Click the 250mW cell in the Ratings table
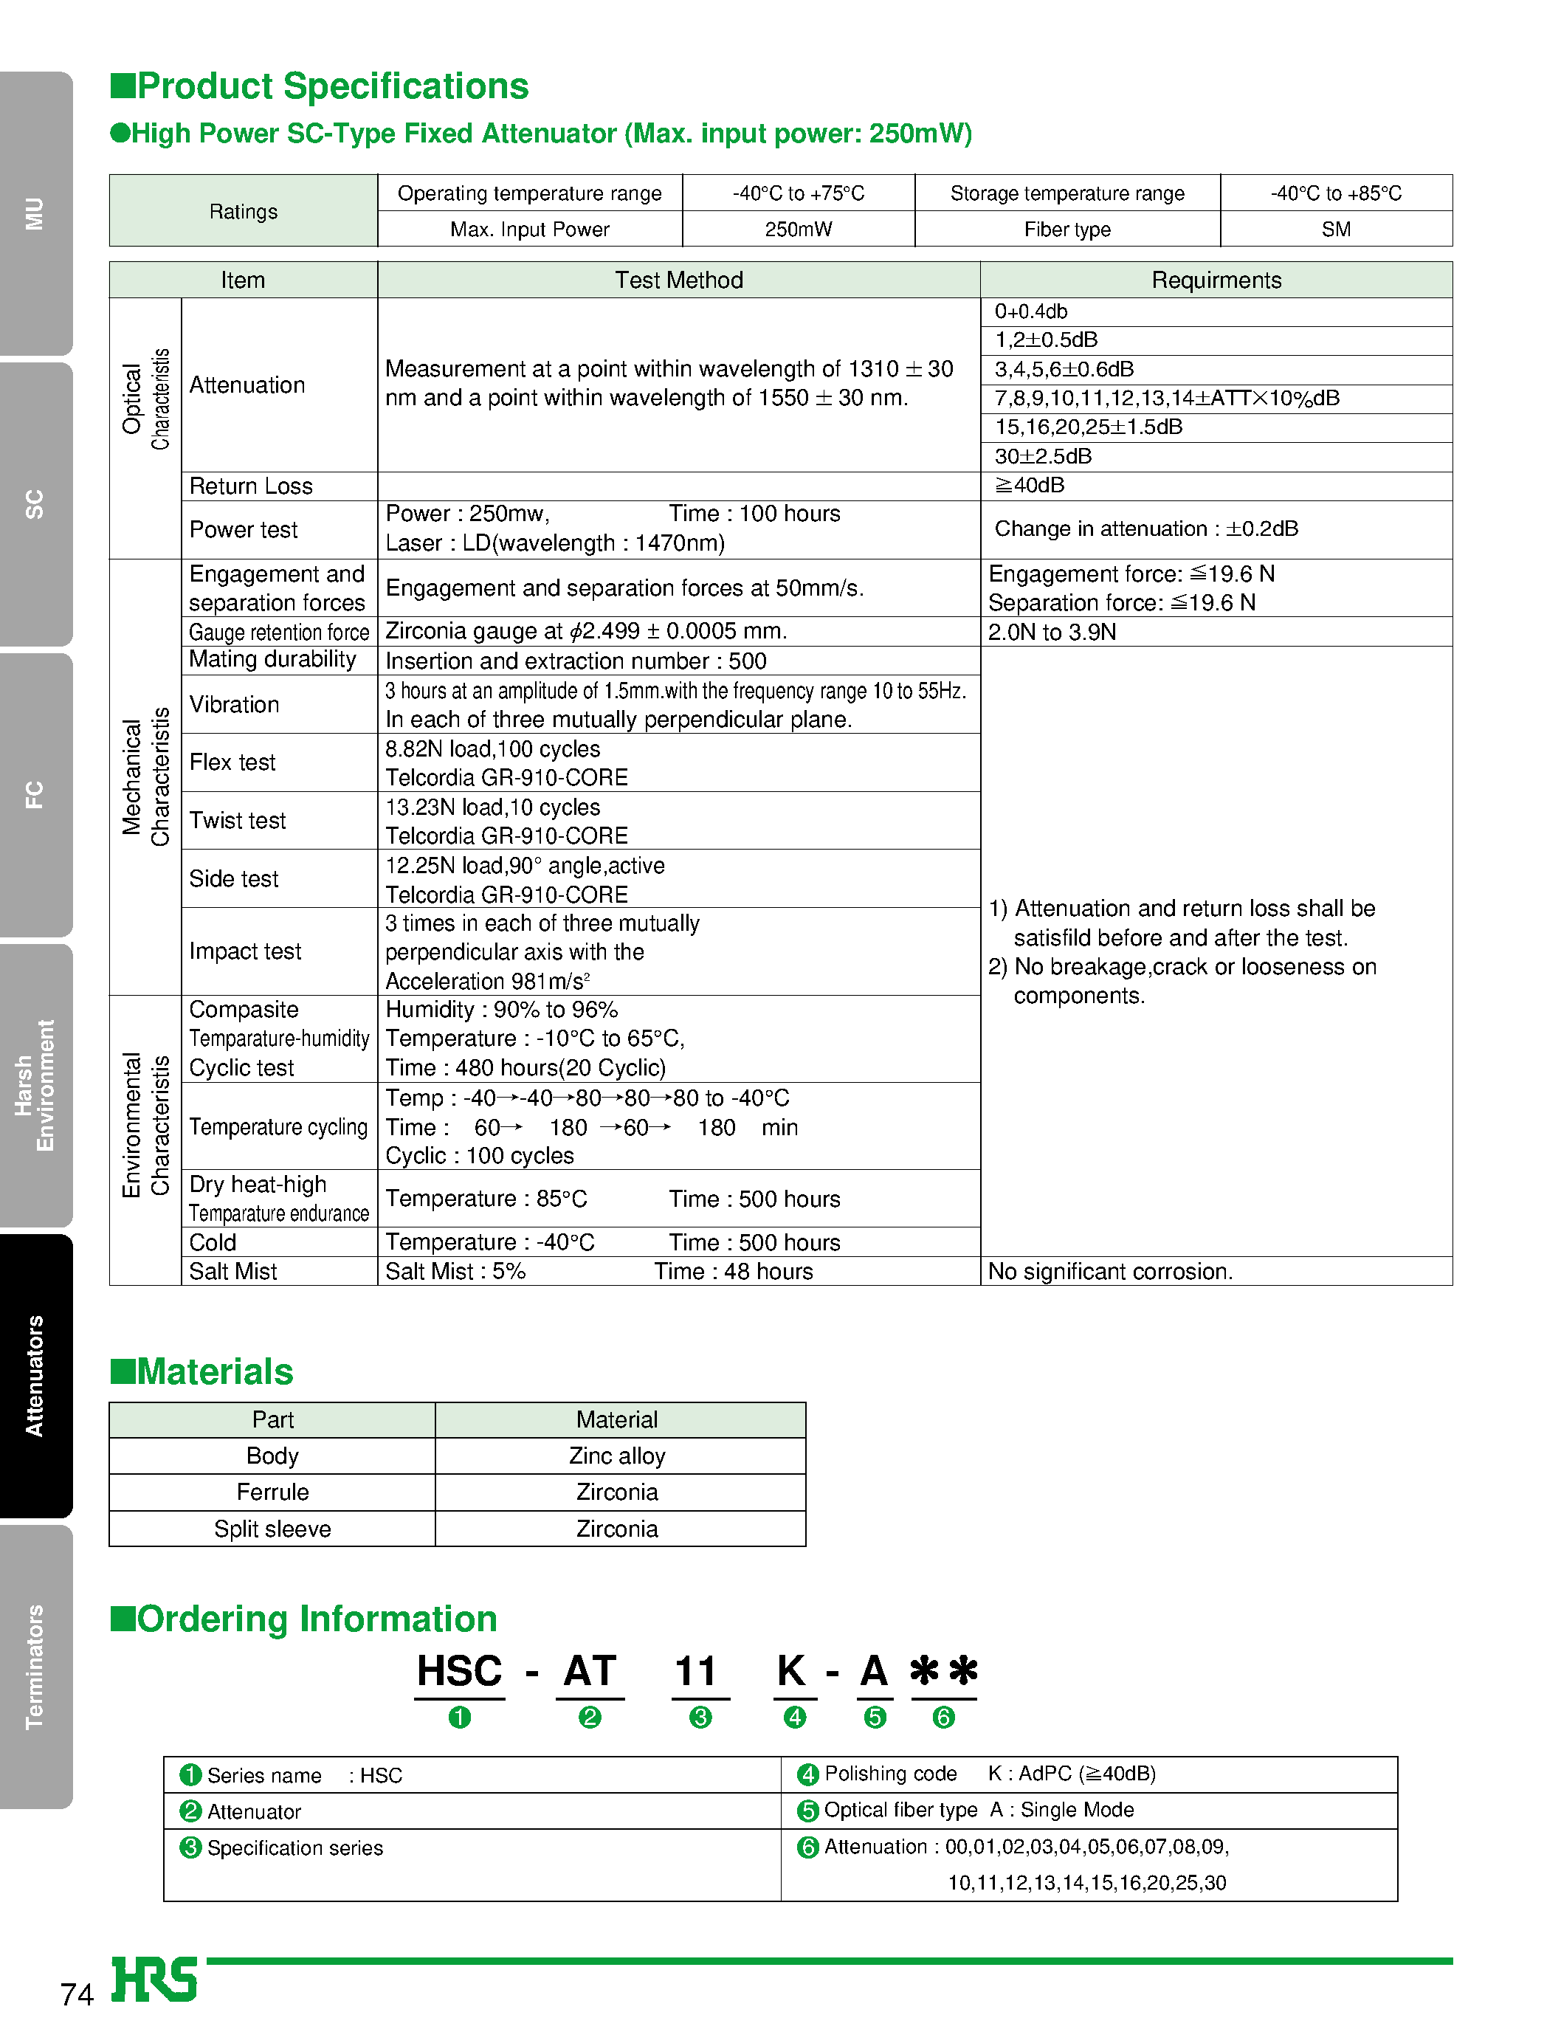[x=798, y=230]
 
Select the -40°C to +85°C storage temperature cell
[x=1335, y=193]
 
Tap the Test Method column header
[x=678, y=280]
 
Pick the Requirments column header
[x=1216, y=280]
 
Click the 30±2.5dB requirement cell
[x=1043, y=456]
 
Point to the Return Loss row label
[x=251, y=486]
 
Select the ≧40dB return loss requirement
[x=1030, y=485]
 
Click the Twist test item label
[x=238, y=821]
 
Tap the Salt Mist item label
[x=233, y=1271]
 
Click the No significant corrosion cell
[x=1109, y=1271]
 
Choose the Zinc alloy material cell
[x=617, y=1456]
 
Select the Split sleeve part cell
[x=272, y=1529]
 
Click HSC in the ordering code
[x=459, y=1672]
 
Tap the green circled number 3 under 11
[x=700, y=1717]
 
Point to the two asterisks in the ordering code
[x=943, y=1672]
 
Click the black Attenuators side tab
[x=35, y=1375]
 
